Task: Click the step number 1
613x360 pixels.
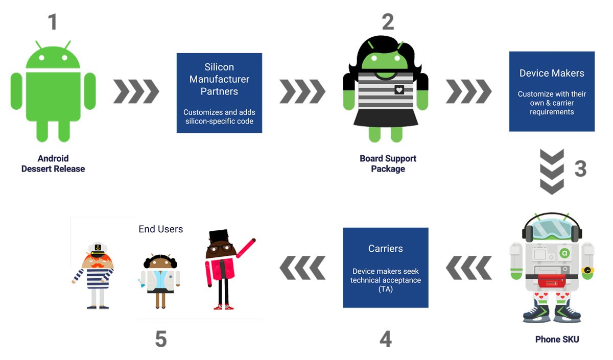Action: pyautogui.click(x=52, y=22)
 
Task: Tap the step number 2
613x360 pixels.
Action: pyautogui.click(x=388, y=22)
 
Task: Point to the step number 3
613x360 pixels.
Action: pyautogui.click(x=580, y=169)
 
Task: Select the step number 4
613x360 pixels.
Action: pyautogui.click(x=386, y=339)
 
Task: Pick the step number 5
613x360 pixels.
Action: pyautogui.click(x=161, y=339)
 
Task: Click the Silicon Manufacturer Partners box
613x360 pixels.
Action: pyautogui.click(x=219, y=93)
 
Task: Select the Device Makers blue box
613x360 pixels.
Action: pyautogui.click(x=552, y=91)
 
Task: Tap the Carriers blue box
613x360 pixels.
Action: pyautogui.click(x=385, y=268)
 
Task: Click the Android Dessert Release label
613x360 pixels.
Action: pyautogui.click(x=53, y=163)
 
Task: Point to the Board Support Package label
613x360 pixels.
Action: pyautogui.click(x=388, y=163)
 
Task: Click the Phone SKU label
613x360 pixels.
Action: pyautogui.click(x=557, y=340)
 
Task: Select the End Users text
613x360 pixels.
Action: pyautogui.click(x=160, y=229)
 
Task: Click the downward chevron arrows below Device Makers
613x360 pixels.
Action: pyautogui.click(x=552, y=172)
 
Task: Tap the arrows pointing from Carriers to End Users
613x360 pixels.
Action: pyautogui.click(x=302, y=268)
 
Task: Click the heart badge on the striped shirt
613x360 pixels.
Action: pyautogui.click(x=399, y=90)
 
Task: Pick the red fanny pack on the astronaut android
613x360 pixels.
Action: pyautogui.click(x=553, y=280)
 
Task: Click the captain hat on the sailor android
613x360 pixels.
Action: pyautogui.click(x=97, y=250)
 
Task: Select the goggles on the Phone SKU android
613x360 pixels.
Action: pyautogui.click(x=552, y=227)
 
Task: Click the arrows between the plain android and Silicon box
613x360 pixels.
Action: pyautogui.click(x=136, y=91)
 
